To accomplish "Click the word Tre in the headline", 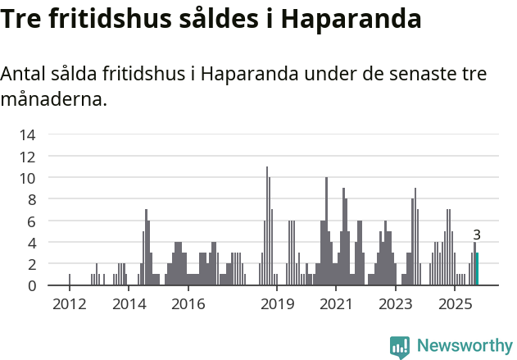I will [23, 19].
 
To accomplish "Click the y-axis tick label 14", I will [27, 134].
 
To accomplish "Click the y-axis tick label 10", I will [27, 178].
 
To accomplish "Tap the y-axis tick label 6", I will [31, 221].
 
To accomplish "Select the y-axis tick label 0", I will [31, 285].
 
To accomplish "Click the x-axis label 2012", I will [69, 304].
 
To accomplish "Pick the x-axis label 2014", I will [129, 304].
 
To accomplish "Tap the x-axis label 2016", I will [188, 304].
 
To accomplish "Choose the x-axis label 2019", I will [277, 304].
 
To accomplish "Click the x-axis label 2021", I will [336, 304].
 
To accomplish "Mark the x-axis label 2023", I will [396, 304].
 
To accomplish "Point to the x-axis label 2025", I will [455, 304].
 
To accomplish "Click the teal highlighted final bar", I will [477, 269].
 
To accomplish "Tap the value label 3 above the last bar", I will [477, 235].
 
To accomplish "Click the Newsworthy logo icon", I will [400, 347].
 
